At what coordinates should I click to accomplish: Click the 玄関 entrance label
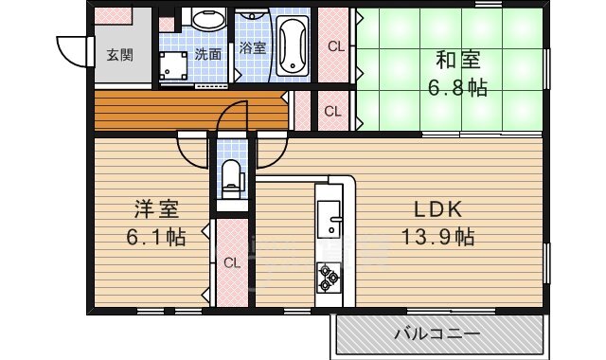(119, 54)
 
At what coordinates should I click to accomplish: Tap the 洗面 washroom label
(208, 54)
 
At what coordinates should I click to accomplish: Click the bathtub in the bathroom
(294, 45)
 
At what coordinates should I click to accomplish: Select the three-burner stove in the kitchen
(329, 276)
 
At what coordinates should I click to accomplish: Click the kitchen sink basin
(331, 225)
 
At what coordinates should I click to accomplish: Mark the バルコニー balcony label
(437, 333)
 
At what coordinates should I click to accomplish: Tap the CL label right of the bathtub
(335, 45)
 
